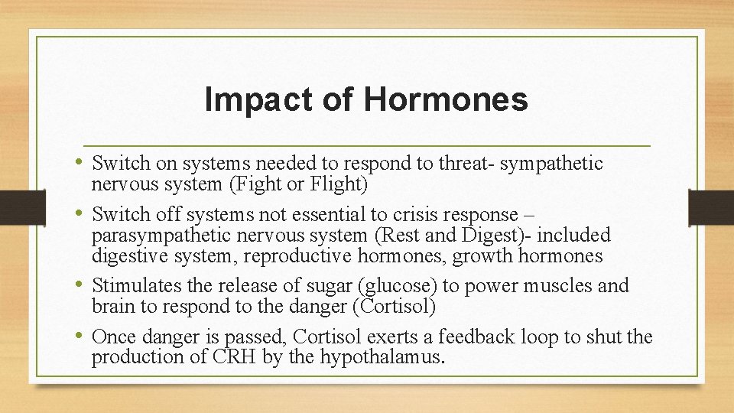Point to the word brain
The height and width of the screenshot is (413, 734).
pos(112,307)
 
